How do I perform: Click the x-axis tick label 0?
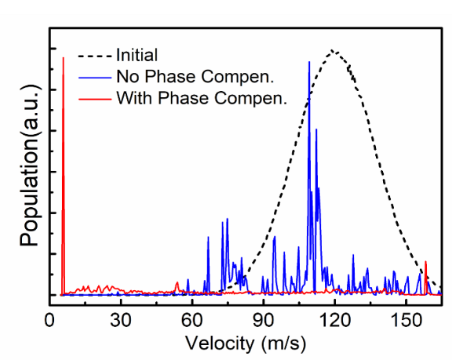[49, 320]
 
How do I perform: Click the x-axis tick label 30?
[121, 320]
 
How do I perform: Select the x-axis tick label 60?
[192, 320]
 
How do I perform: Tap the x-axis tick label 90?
[263, 320]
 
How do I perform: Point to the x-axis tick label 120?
[335, 320]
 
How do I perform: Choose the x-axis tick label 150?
[406, 320]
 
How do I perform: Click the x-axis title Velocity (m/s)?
[246, 344]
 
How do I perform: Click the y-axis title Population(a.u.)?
[30, 165]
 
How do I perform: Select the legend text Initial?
[137, 55]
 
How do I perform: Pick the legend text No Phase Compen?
[195, 77]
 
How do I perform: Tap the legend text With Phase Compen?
[202, 98]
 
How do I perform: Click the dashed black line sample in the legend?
[95, 56]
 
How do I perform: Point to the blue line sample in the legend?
[95, 78]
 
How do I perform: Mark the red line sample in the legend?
[95, 100]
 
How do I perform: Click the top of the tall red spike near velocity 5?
[64, 58]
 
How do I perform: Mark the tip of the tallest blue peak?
[309, 62]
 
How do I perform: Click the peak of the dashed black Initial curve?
[332, 50]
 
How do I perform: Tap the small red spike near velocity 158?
[426, 261]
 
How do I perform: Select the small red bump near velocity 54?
[177, 282]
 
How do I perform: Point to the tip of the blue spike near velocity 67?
[208, 237]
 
